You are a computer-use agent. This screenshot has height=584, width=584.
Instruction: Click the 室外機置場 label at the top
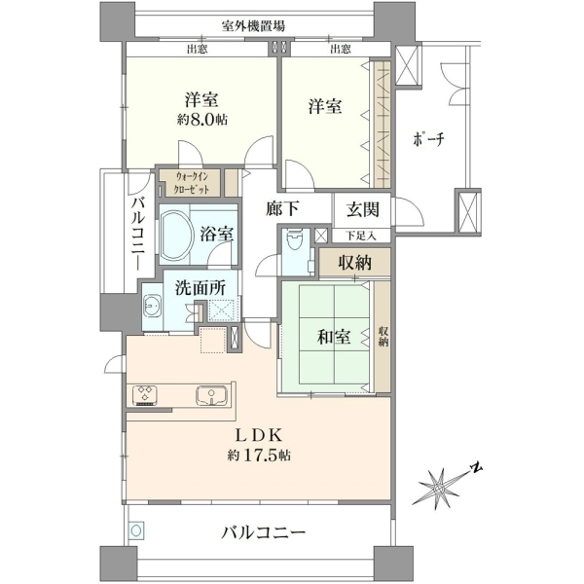[x=254, y=26]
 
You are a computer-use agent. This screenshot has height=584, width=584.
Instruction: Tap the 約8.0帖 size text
[x=202, y=120]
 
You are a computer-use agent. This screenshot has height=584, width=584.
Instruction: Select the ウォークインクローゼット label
[x=192, y=183]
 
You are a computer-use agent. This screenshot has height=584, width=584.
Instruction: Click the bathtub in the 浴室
[x=176, y=235]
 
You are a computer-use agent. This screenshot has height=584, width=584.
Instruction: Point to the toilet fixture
[x=296, y=240]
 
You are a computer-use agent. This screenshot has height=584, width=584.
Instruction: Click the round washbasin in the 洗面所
[x=152, y=305]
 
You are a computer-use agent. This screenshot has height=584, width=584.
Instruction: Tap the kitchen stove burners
[x=144, y=395]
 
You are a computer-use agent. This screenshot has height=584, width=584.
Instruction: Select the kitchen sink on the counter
[x=211, y=395]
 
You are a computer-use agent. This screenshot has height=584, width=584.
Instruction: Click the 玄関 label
[x=363, y=210]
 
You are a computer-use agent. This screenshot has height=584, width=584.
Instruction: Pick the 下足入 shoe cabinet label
[x=361, y=236]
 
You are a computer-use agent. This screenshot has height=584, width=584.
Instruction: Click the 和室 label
[x=334, y=337]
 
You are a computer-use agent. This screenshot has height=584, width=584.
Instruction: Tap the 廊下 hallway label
[x=282, y=209]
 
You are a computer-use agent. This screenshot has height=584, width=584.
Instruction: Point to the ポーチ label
[x=428, y=139]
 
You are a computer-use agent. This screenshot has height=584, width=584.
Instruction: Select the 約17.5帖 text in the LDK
[x=259, y=455]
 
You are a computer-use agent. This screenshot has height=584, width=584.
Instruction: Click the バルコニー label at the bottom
[x=263, y=533]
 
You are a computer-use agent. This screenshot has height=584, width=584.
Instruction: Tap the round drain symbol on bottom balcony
[x=136, y=530]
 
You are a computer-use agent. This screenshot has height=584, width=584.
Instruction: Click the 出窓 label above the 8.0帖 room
[x=197, y=49]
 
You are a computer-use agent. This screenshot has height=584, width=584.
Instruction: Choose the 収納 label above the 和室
[x=354, y=263]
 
